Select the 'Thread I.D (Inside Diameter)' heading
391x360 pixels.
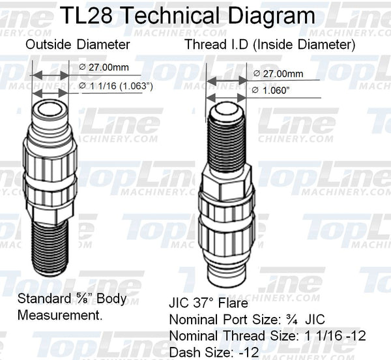[269, 45]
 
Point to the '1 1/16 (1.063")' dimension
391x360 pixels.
[116, 86]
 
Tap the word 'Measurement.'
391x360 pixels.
[57, 314]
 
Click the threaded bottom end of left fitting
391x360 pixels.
[50, 247]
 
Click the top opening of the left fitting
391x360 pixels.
[50, 108]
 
